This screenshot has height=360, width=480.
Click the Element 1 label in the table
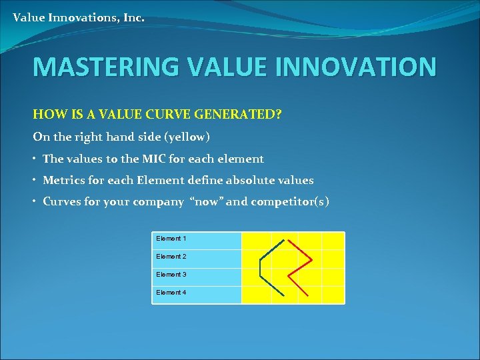(171, 239)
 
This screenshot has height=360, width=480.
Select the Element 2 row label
(171, 257)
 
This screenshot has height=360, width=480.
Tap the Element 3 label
(171, 275)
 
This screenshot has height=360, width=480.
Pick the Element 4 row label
(171, 293)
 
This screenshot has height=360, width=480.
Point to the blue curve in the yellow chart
(260, 267)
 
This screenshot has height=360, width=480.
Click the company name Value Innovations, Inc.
(79, 18)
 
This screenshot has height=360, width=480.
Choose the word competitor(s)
(289, 202)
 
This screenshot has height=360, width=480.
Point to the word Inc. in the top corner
(133, 18)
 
